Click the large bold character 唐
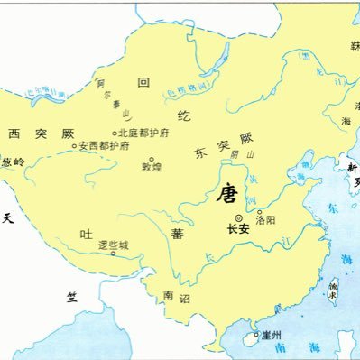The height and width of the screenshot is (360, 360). point(226,192)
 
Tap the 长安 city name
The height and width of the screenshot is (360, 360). point(238,230)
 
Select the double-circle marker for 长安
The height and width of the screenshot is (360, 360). point(238,217)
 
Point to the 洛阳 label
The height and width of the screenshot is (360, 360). point(267,219)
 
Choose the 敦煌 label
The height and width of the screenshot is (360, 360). point(152,167)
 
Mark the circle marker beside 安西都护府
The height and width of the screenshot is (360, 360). point(74,146)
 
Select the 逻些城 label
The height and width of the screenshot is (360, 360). point(115,245)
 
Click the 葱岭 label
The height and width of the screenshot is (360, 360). point(14,162)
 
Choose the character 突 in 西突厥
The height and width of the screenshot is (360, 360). point(41,134)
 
